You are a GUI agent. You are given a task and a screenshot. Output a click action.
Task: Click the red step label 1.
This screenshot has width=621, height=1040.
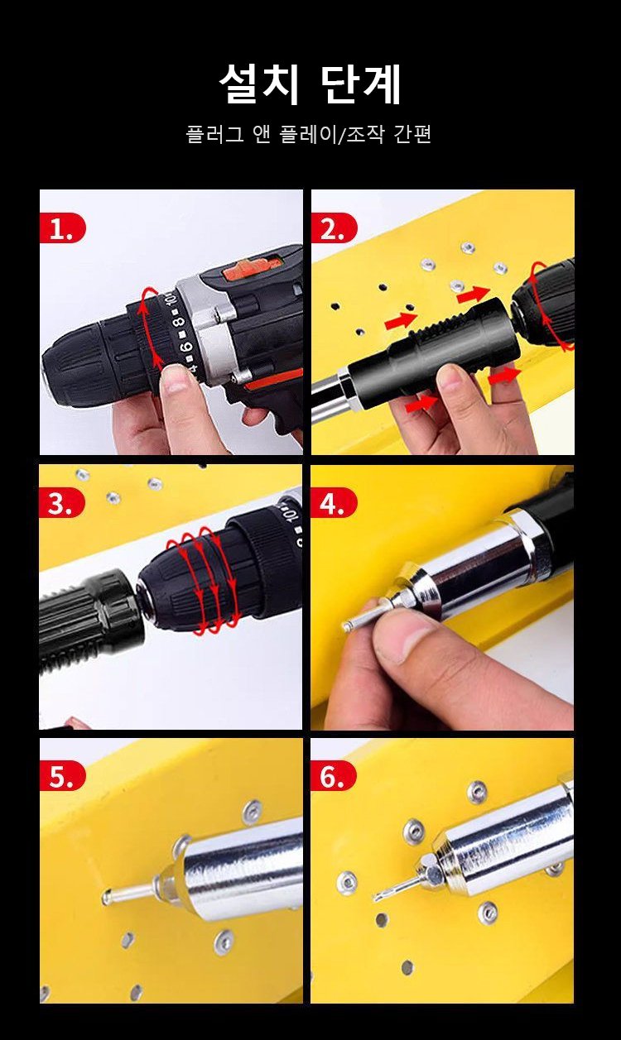[x=62, y=228]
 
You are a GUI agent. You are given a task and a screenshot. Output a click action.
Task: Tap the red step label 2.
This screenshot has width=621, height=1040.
[x=334, y=228]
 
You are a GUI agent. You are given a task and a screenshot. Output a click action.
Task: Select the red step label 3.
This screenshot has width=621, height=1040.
[x=62, y=503]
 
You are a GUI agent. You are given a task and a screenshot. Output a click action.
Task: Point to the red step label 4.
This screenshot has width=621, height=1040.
[x=334, y=503]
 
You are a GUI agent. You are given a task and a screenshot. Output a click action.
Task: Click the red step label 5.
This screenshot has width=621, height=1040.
[x=62, y=776]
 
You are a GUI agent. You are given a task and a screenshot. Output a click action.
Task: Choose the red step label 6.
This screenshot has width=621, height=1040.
[x=333, y=776]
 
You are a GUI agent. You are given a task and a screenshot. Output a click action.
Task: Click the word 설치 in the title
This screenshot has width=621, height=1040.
[x=259, y=84]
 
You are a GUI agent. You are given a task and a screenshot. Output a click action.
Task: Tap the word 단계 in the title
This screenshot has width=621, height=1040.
[x=361, y=84]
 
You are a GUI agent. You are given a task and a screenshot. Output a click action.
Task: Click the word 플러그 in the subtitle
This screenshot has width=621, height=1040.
[x=214, y=134]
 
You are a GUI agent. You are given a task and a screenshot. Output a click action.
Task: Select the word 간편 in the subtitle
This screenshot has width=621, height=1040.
[x=412, y=134]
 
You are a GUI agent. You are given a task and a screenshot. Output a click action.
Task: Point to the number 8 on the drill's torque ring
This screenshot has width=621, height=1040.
[x=180, y=321]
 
